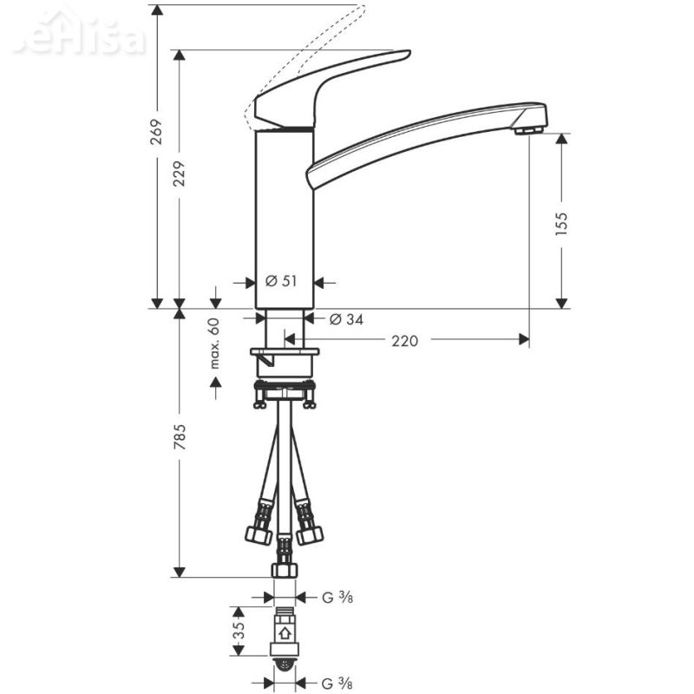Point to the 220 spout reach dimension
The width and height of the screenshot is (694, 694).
point(404,340)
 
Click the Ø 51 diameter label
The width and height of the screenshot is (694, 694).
point(280,281)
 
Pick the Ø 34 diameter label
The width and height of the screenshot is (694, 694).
point(346,319)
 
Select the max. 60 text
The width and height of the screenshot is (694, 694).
point(214,344)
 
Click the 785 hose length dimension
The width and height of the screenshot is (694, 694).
point(180,439)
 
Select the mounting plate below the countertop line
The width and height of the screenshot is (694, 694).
point(284,353)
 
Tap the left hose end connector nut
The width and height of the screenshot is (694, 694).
point(259,533)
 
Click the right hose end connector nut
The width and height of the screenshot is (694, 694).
point(309,533)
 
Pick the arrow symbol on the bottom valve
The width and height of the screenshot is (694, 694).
point(284,634)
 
